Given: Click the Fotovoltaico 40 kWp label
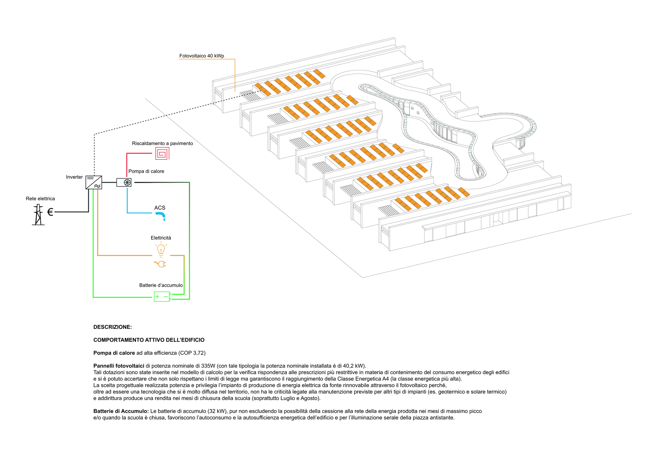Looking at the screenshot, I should pyautogui.click(x=201, y=56).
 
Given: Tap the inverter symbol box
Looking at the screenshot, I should pyautogui.click(x=94, y=182).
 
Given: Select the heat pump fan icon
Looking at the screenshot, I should pyautogui.click(x=127, y=182).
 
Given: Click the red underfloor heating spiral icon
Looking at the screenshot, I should pyautogui.click(x=162, y=153).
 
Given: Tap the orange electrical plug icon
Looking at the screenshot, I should pyautogui.click(x=160, y=264).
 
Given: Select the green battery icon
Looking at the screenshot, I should pyautogui.click(x=162, y=297).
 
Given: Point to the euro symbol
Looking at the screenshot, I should pyautogui.click(x=50, y=212).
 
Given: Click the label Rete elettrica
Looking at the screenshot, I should pyautogui.click(x=40, y=199).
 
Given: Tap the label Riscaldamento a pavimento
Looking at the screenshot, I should pyautogui.click(x=162, y=143).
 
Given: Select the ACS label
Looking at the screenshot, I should pyautogui.click(x=160, y=208).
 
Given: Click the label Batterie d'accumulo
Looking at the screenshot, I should pyautogui.click(x=161, y=285).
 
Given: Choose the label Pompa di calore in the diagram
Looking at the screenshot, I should pyautogui.click(x=146, y=171).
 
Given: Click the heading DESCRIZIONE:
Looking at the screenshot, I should pyautogui.click(x=112, y=327).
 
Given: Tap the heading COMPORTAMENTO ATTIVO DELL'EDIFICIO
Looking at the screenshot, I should pyautogui.click(x=149, y=340).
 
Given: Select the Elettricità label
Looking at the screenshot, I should pyautogui.click(x=161, y=238).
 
